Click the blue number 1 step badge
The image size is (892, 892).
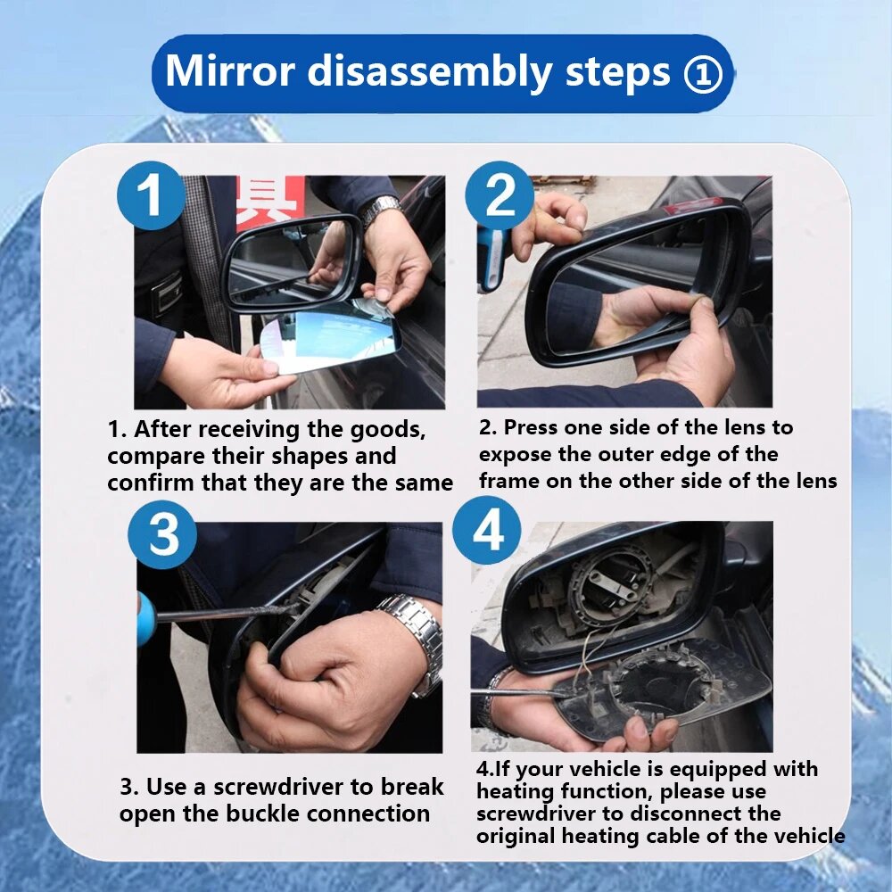pyautogui.click(x=151, y=195)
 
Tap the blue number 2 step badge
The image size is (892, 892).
pyautogui.click(x=500, y=195)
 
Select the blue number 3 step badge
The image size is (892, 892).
pyautogui.click(x=162, y=534)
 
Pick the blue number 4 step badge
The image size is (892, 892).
pyautogui.click(x=487, y=530)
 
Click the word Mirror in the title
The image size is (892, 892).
pyautogui.click(x=230, y=71)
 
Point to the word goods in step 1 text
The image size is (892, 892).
pyautogui.click(x=387, y=430)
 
